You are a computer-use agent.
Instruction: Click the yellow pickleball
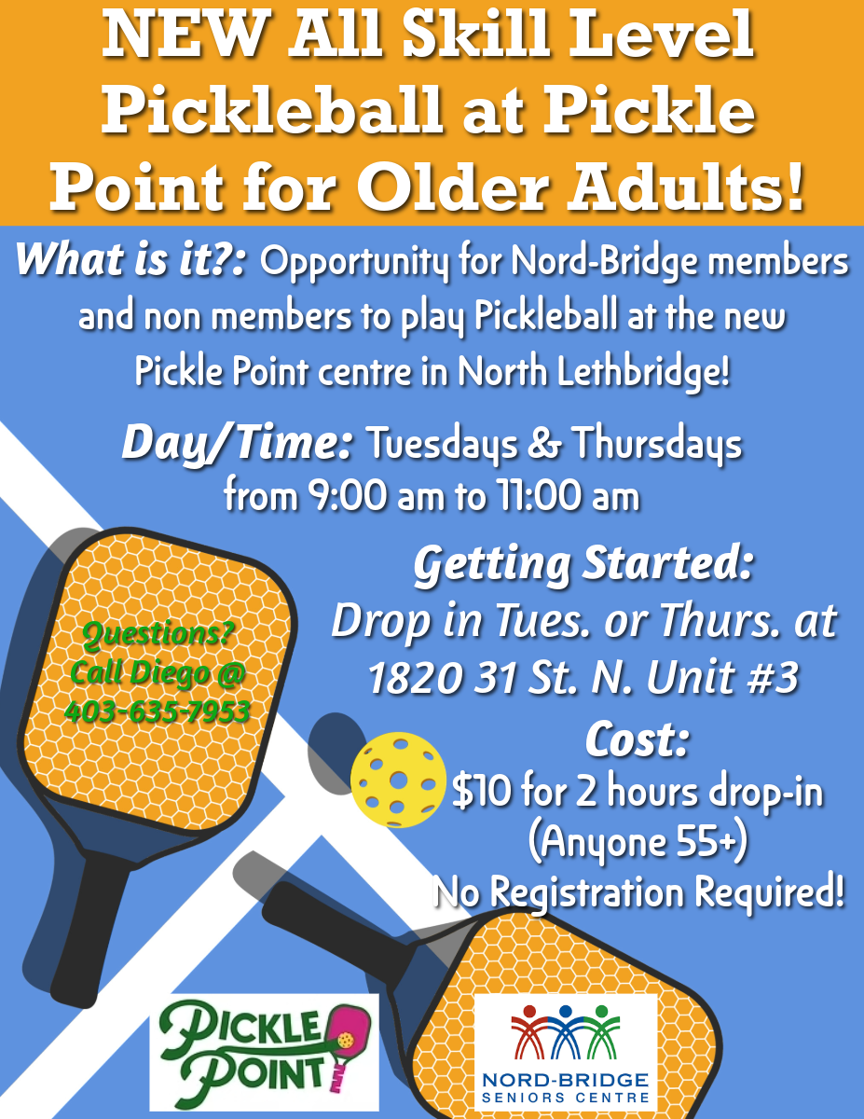[x=398, y=780]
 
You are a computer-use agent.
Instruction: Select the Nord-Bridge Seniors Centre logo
[x=566, y=1052]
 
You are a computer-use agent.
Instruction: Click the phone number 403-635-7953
[x=157, y=711]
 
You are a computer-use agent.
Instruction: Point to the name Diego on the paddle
[x=171, y=672]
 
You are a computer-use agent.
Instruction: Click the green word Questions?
[x=158, y=633]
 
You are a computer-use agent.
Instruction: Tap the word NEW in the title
[x=186, y=36]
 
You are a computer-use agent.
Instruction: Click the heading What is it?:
[x=131, y=258]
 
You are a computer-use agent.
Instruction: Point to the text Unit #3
[x=722, y=677]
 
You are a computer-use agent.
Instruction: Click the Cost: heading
[x=637, y=740]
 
